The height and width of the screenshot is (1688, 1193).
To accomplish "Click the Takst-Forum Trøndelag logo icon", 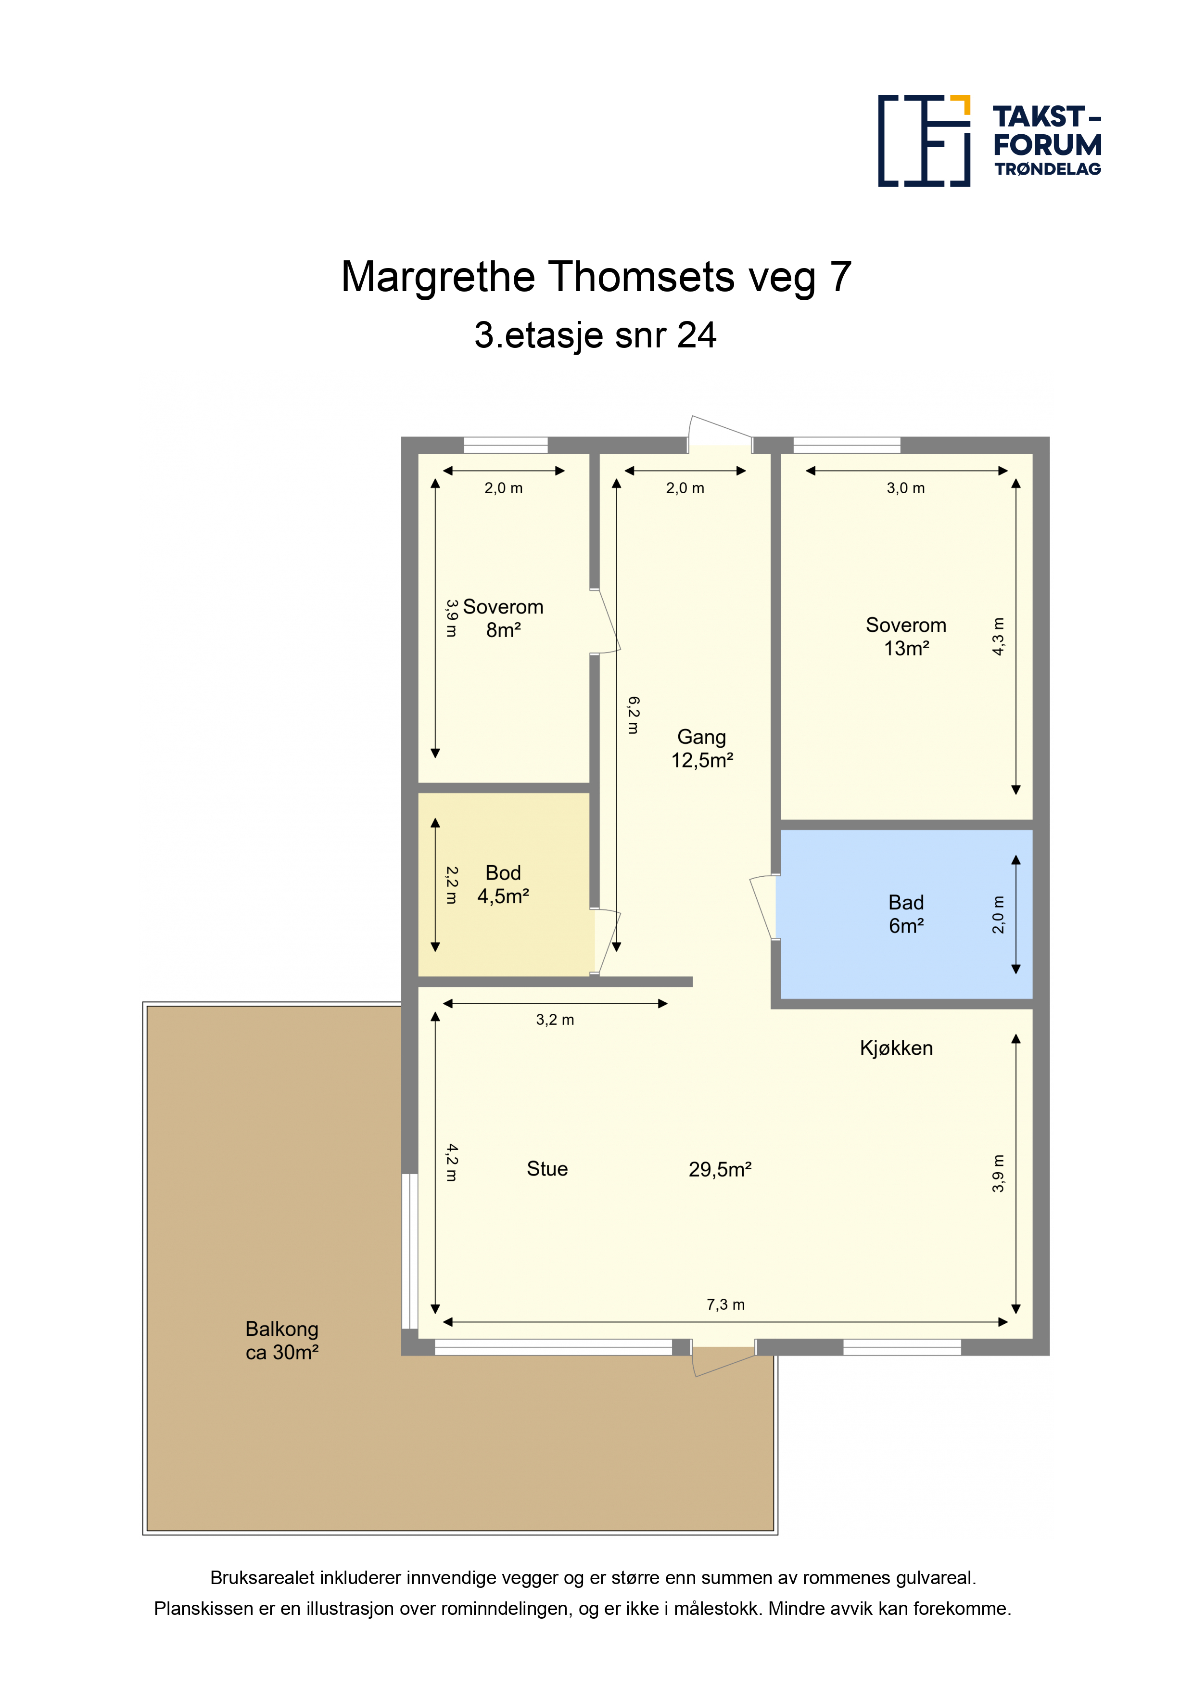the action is click(924, 141).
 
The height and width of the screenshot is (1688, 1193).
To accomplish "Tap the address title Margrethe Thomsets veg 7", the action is click(596, 277).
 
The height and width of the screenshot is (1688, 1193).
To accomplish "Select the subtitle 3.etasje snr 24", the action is click(596, 335).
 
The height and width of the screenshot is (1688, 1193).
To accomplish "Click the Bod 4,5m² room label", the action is click(504, 884).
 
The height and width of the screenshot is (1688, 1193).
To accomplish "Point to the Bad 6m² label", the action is click(906, 914).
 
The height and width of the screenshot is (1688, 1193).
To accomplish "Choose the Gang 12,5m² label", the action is click(702, 748).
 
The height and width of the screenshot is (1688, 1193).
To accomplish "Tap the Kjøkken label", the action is click(896, 1049).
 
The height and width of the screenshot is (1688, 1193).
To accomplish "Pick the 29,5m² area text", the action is click(720, 1170).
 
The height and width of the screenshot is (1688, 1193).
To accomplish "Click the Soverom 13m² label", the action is click(906, 637).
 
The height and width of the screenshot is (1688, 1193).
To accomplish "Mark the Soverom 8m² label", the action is click(504, 618).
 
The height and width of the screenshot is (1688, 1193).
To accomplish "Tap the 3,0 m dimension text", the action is click(906, 488).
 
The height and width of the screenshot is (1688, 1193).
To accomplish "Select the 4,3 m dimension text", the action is click(998, 637).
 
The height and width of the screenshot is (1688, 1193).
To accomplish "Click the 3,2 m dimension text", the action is click(555, 1020).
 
